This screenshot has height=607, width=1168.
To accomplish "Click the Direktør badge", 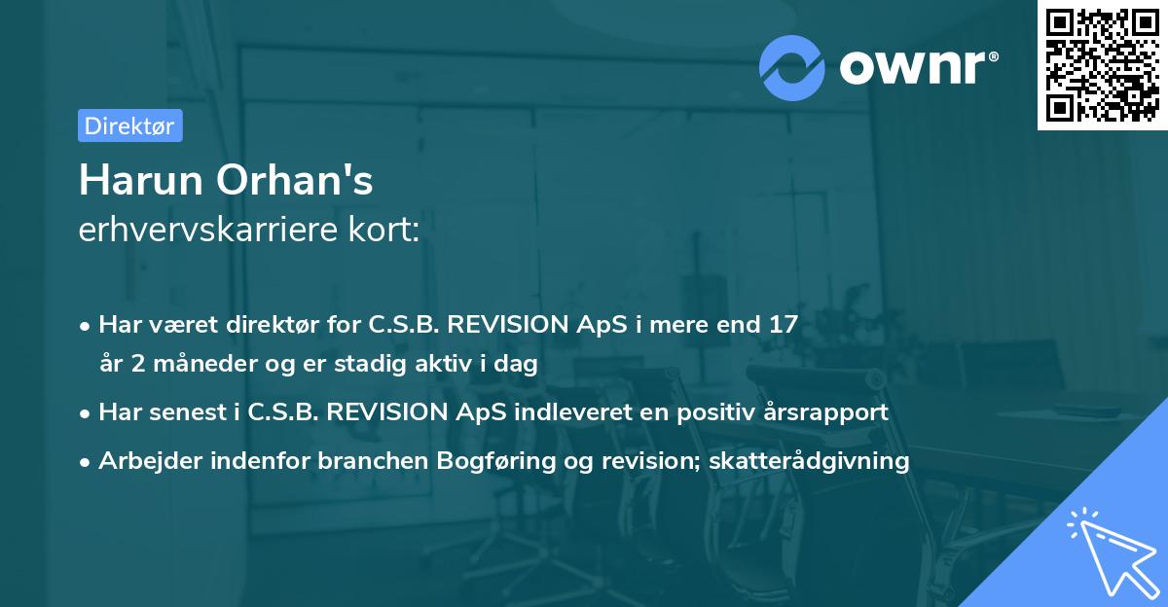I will tap(129, 126).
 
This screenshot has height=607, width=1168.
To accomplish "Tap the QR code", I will tap(1102, 64).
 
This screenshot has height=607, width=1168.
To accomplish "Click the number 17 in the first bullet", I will tap(782, 325).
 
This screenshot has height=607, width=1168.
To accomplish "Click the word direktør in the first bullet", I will tap(252, 325).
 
